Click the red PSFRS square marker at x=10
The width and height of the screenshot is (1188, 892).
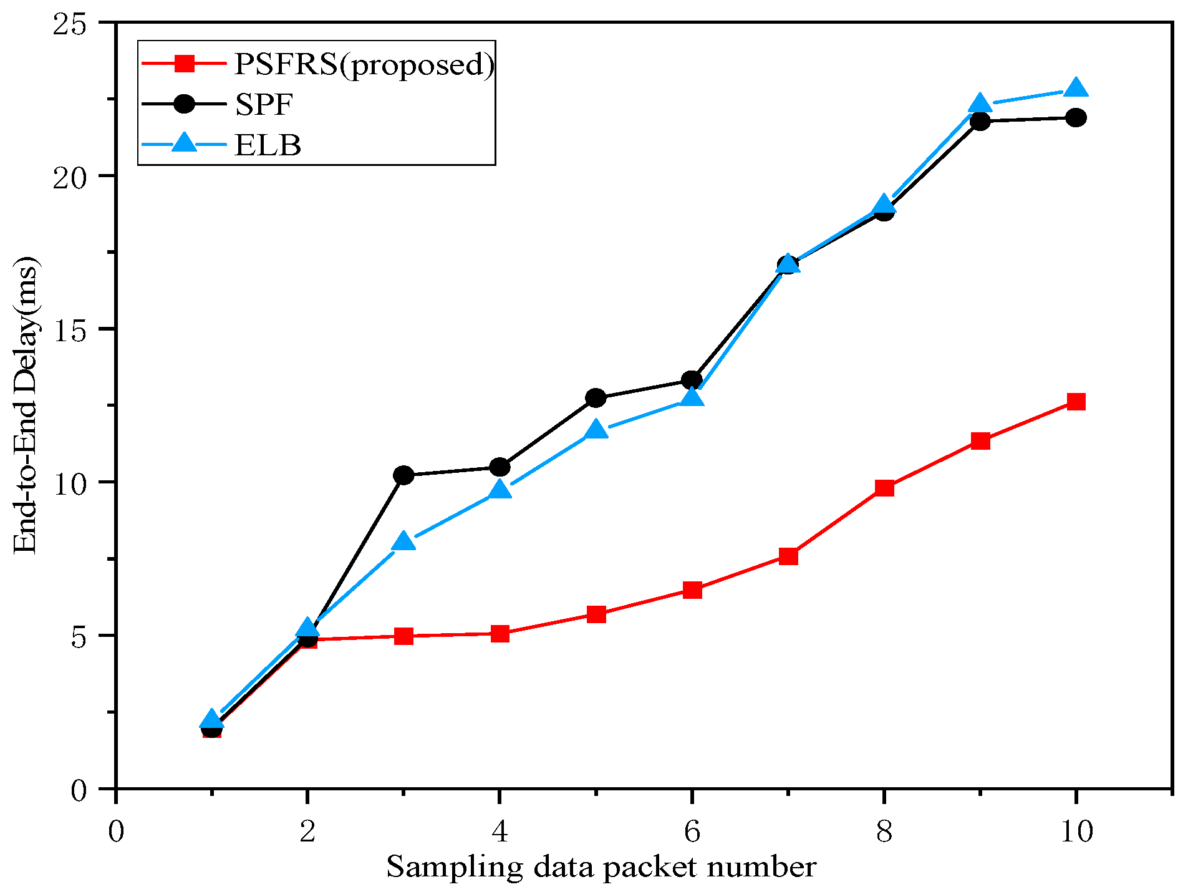pyautogui.click(x=1076, y=401)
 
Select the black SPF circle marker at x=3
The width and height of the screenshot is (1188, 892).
pyautogui.click(x=404, y=475)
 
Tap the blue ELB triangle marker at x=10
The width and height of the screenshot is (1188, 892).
pyautogui.click(x=1076, y=89)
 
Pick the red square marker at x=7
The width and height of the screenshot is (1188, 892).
pyautogui.click(x=788, y=555)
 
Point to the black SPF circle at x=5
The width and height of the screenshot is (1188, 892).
pyautogui.click(x=596, y=397)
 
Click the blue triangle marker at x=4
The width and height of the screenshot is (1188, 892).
pyautogui.click(x=500, y=490)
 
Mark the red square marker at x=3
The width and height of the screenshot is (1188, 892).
pyautogui.click(x=404, y=636)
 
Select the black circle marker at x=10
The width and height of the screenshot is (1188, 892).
pyautogui.click(x=1076, y=117)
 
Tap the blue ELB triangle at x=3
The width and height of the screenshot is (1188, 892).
pyautogui.click(x=404, y=541)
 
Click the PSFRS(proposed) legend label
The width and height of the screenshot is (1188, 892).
pyautogui.click(x=364, y=64)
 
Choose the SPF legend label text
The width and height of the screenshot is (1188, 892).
pyautogui.click(x=263, y=104)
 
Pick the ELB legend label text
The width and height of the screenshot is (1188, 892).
pyautogui.click(x=268, y=145)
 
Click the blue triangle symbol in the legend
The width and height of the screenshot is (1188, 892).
pyautogui.click(x=185, y=143)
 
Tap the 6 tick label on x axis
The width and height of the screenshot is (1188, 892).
pyautogui.click(x=692, y=831)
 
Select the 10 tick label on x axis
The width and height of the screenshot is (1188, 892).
pyautogui.click(x=1076, y=831)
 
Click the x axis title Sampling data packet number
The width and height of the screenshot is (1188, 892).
pyautogui.click(x=601, y=867)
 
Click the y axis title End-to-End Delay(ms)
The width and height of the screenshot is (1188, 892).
pyautogui.click(x=26, y=405)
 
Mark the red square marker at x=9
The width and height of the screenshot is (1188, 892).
pyautogui.click(x=980, y=441)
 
